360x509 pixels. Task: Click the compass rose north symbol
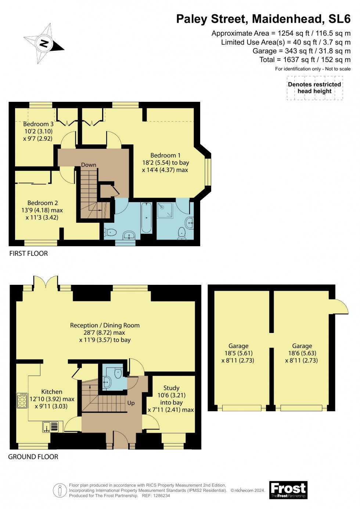click(44, 44)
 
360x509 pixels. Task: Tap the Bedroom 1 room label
click(165, 162)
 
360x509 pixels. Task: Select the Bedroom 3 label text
click(38, 131)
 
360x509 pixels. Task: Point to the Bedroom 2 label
click(42, 210)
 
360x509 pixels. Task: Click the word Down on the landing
click(89, 165)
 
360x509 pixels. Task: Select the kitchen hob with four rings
click(22, 401)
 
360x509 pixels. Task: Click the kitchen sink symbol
click(51, 427)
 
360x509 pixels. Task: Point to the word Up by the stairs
click(131, 403)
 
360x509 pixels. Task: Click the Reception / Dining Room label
click(105, 333)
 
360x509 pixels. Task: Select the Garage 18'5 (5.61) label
click(238, 353)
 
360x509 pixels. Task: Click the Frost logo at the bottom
click(288, 490)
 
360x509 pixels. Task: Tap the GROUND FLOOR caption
click(33, 456)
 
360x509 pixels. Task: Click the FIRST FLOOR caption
click(29, 253)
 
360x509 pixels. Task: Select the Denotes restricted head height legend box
click(314, 88)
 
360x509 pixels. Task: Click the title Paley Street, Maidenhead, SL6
click(263, 19)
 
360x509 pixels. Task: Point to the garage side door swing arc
click(342, 307)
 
